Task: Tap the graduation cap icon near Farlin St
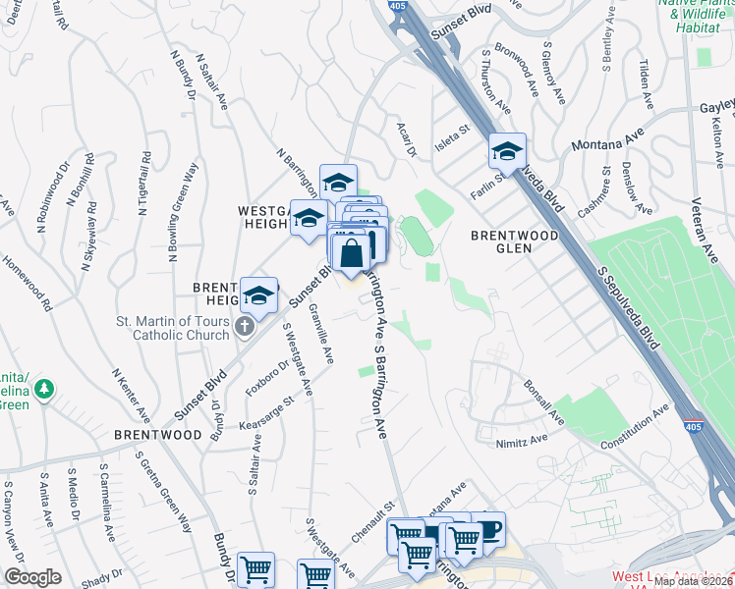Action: point(507,151)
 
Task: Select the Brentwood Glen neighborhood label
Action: point(514,241)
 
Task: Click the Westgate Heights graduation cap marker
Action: point(308,217)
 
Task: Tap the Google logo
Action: point(32,577)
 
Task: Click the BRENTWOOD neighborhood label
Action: point(157,433)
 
